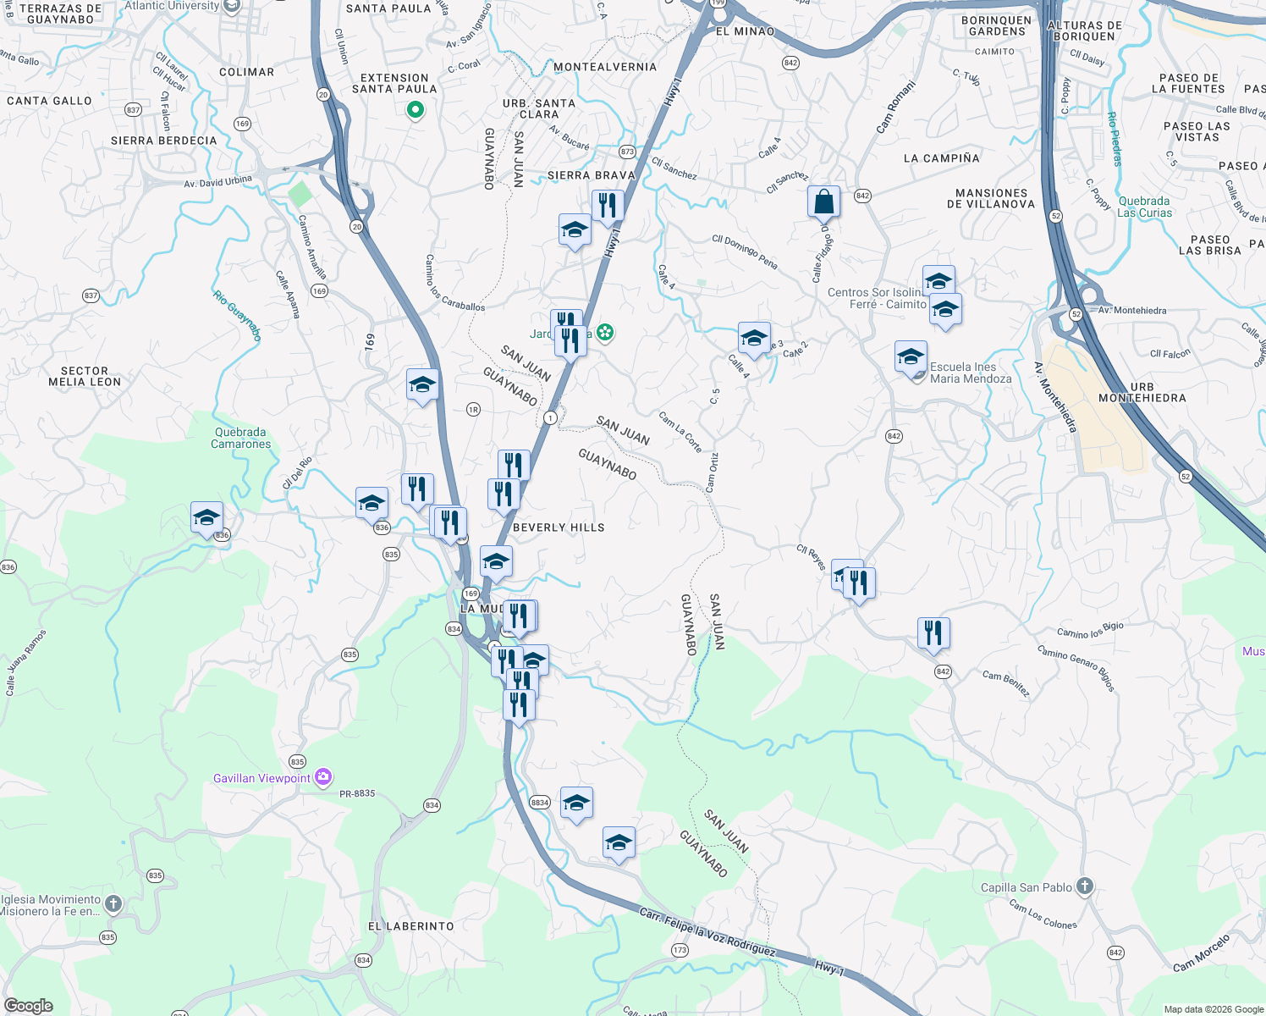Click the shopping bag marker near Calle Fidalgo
coord(823,203)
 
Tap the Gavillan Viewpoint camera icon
coord(322,777)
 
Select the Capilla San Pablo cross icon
coord(1085,886)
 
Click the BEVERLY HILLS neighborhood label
coord(559,527)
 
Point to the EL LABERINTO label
coord(410,926)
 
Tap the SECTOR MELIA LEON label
coord(85,377)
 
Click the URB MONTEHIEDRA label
coord(1142,393)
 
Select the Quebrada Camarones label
coord(241,438)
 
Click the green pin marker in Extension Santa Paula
coord(415,109)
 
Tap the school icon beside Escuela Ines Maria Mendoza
coord(911,357)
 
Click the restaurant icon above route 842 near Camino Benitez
coord(933,633)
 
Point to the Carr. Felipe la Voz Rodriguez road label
coord(707,932)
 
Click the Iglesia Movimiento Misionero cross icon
coord(113,904)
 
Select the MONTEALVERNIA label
coord(605,67)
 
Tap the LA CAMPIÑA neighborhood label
coord(941,158)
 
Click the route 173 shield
coord(680,950)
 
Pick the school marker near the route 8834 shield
coord(576,803)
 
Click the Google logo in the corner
coord(28,1005)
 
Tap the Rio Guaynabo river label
coord(237,316)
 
